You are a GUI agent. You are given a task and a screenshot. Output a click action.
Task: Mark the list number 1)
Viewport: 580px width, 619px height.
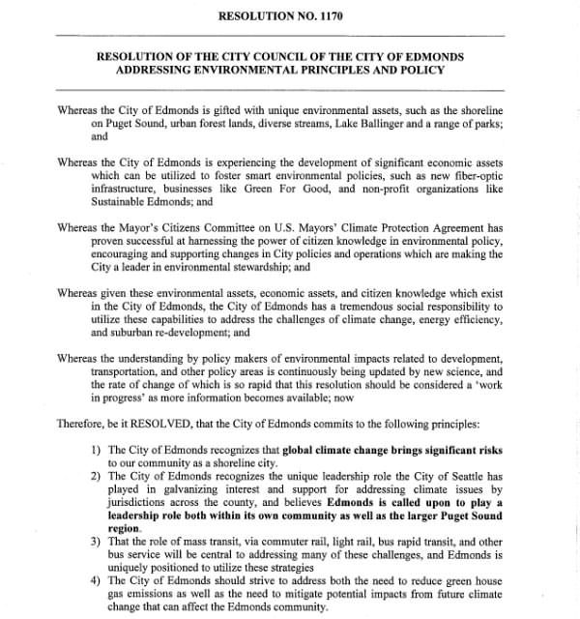(x=96, y=450)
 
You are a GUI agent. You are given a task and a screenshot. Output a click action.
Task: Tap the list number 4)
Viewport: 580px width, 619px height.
(x=96, y=580)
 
